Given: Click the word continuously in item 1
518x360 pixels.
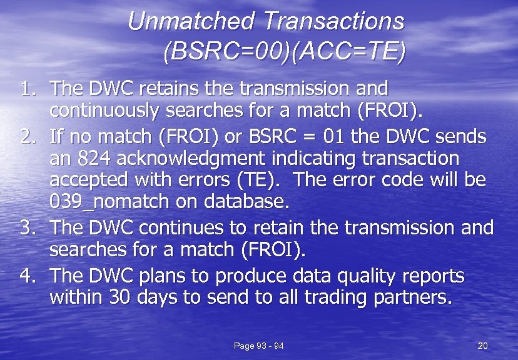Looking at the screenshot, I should click(x=103, y=111).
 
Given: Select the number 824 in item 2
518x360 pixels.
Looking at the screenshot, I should click(x=93, y=158).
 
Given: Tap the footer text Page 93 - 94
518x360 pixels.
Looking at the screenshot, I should click(x=258, y=346).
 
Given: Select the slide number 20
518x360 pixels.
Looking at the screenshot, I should click(x=482, y=346).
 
